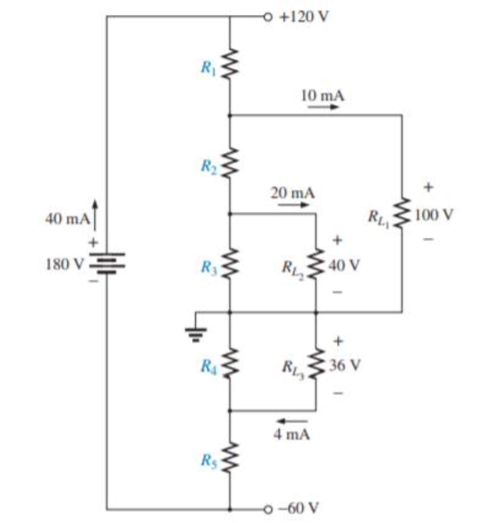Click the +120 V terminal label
coord(303,17)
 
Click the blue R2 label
coord(209,166)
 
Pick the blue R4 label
coord(209,366)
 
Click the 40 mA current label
coord(67,219)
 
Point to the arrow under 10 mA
coord(323,107)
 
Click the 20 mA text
coord(293,193)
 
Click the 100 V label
coord(434,214)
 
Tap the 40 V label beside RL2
coord(344,265)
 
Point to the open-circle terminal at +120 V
coord(268,17)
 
